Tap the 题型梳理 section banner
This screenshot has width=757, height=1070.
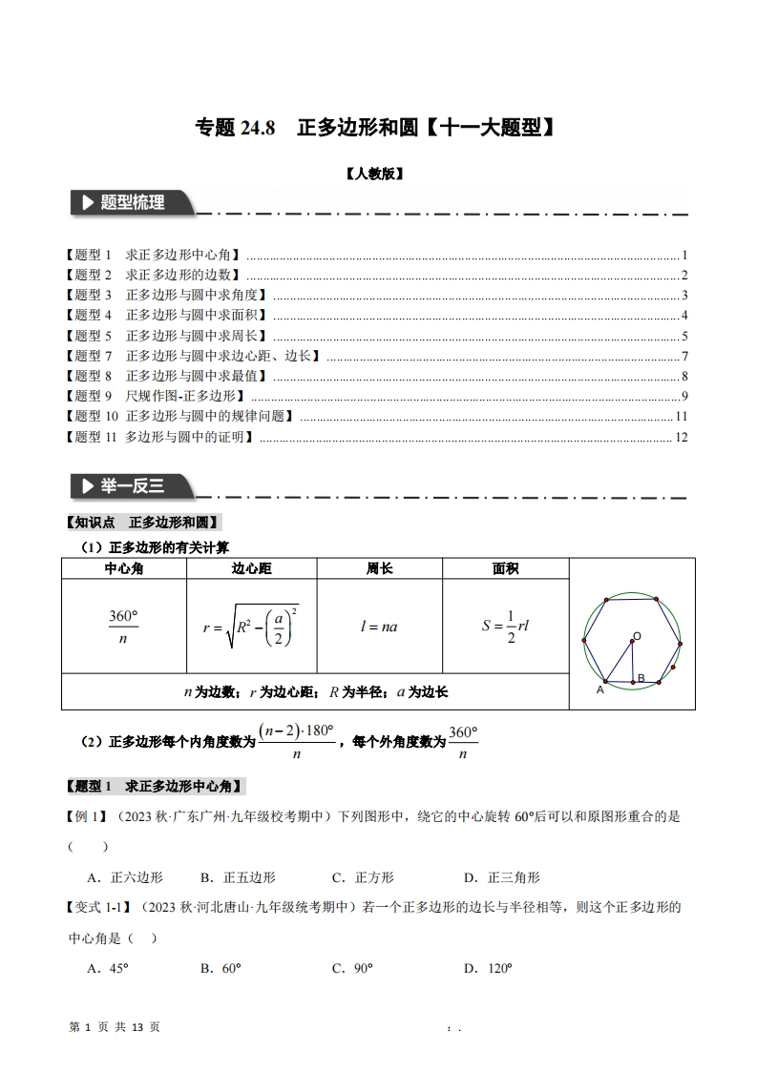coord(133,203)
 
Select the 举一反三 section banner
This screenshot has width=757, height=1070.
coord(133,486)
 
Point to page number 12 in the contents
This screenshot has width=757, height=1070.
coord(681,437)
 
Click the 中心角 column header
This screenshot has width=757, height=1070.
coord(124,568)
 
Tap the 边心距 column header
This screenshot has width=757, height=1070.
coord(252,568)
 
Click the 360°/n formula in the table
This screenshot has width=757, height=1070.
coord(123,627)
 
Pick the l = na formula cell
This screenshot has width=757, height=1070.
coord(379,627)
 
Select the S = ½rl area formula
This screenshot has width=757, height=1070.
coord(505,627)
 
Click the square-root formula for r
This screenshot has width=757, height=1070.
coord(251,627)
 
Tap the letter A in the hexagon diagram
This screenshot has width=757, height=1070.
coord(600,689)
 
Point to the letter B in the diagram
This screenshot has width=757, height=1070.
coord(641,678)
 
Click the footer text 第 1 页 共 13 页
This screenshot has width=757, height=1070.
coord(116,1027)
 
